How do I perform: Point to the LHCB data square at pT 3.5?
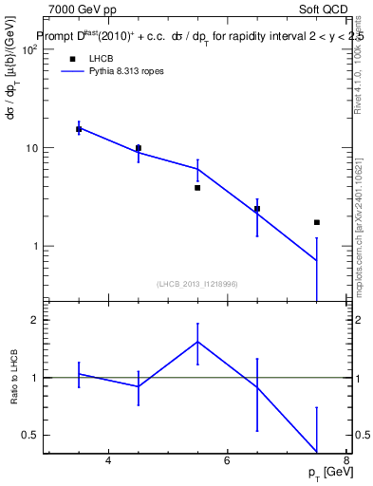pos(79,129)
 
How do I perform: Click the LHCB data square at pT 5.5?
pos(197,188)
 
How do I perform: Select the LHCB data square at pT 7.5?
pos(317,222)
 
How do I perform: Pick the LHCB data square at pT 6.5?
pos(257,209)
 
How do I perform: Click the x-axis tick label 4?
pos(108,461)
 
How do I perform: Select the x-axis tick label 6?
pos(228,461)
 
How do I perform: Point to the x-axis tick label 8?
pos(346,461)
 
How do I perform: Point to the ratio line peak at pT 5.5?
pos(197,342)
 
